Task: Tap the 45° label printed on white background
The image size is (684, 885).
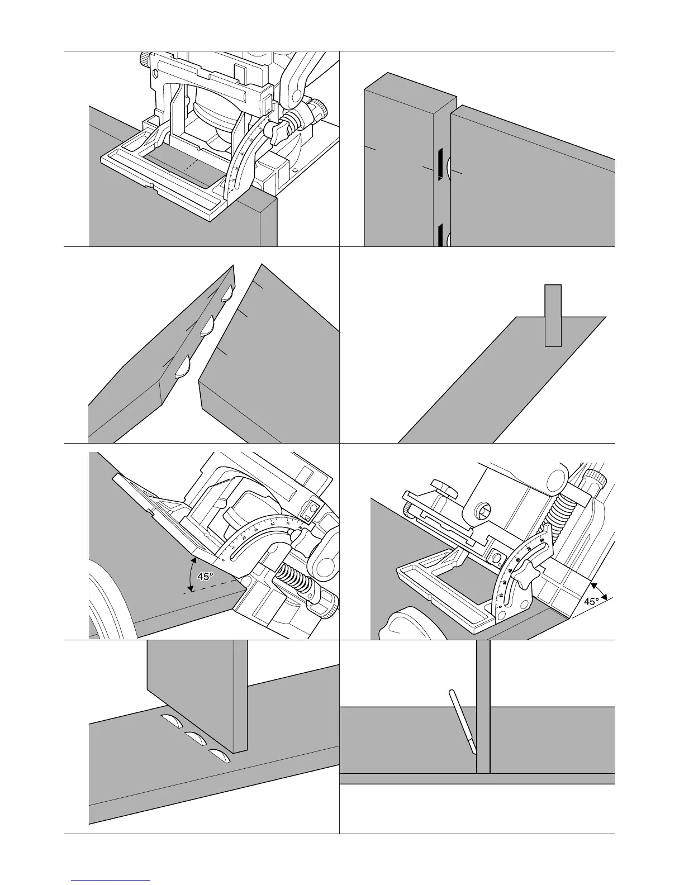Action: (592, 601)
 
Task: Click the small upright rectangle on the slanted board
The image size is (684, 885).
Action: (553, 316)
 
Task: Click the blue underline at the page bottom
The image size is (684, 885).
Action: (111, 880)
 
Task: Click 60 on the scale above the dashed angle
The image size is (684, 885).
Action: (272, 523)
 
